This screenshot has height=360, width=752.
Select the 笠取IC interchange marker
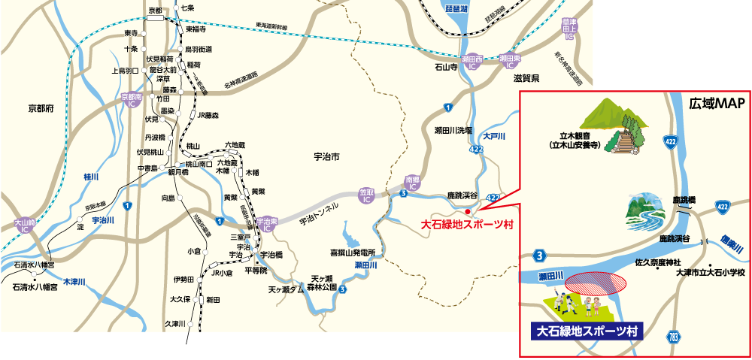[366, 196]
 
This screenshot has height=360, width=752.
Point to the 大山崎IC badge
[25, 224]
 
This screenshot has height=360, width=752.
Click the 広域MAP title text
[716, 103]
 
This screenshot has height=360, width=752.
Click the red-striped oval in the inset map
[596, 282]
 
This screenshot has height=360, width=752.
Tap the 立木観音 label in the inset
[573, 140]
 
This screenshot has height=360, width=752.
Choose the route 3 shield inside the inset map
[539, 254]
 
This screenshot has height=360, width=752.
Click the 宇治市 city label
[326, 157]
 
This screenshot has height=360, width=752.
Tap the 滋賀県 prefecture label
[526, 78]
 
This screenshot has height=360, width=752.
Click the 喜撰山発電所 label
[352, 253]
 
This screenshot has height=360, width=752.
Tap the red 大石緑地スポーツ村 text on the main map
[466, 224]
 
